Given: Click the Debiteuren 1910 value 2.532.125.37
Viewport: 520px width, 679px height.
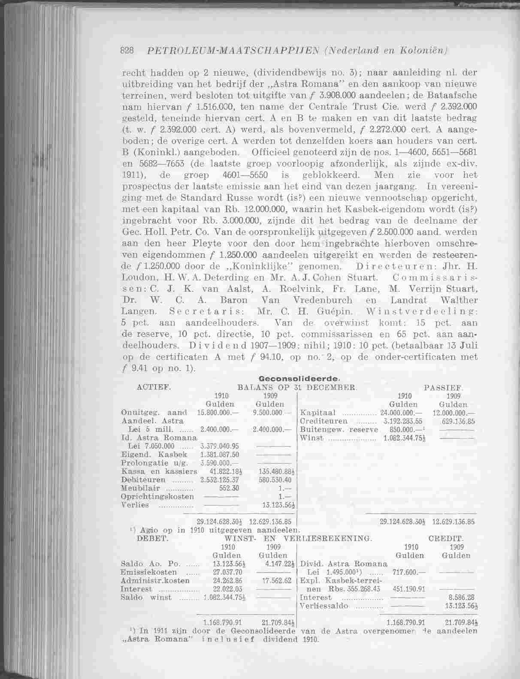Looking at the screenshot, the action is pyautogui.click(x=219, y=480).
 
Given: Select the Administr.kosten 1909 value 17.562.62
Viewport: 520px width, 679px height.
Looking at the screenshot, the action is pyautogui.click(x=277, y=581).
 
